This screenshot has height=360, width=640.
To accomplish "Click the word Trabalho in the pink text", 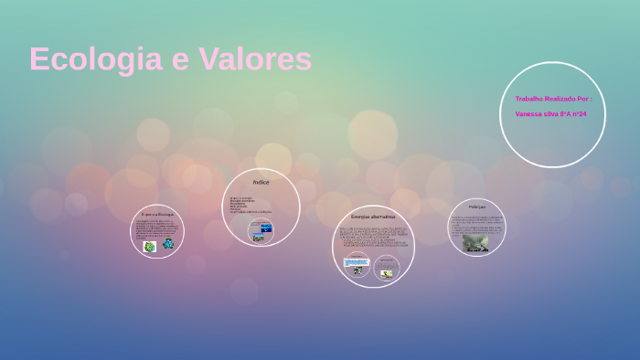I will (x=529, y=99).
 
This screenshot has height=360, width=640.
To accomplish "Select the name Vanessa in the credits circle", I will (x=529, y=114).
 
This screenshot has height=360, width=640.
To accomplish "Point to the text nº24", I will (x=579, y=114).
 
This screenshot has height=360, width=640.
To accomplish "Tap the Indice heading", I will (x=261, y=183).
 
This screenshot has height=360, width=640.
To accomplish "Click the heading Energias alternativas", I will (x=372, y=217).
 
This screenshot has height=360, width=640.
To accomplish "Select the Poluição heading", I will (x=476, y=207).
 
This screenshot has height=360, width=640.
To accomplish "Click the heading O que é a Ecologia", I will (x=157, y=214).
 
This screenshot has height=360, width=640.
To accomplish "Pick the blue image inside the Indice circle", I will (x=266, y=227).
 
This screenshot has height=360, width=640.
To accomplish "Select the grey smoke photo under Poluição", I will (x=475, y=242).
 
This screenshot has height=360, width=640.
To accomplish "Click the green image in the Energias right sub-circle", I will (x=387, y=273).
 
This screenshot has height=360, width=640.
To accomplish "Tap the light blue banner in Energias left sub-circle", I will (x=356, y=262).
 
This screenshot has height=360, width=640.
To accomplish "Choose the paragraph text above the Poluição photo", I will (x=476, y=223).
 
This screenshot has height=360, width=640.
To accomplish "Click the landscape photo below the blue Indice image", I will (x=259, y=238).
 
